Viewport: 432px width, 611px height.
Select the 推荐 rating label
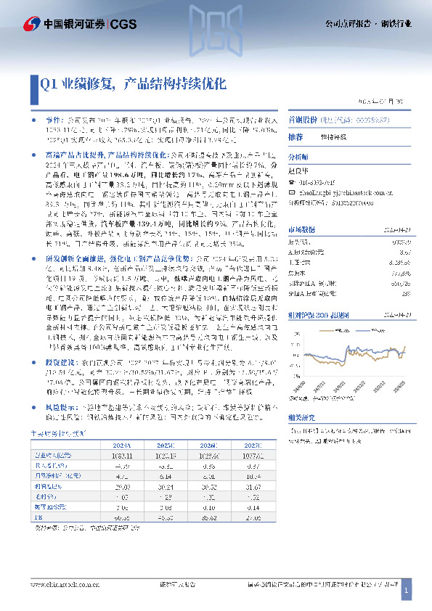point(296,136)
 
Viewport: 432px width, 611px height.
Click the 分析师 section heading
point(298,156)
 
